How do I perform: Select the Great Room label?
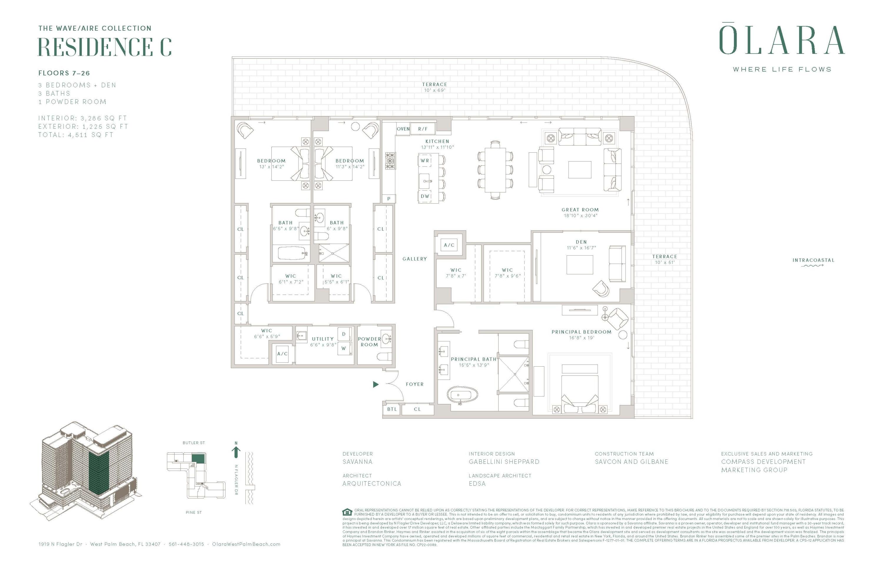click(580, 210)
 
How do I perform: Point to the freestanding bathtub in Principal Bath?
click(462, 395)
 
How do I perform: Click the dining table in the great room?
click(495, 170)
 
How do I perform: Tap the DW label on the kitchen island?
click(425, 196)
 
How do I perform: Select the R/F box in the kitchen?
click(423, 129)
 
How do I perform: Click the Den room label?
click(581, 242)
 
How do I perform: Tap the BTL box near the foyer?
click(392, 409)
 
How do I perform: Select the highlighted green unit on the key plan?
click(198, 458)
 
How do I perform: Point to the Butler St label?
click(194, 443)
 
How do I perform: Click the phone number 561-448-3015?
click(186, 544)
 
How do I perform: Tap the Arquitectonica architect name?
click(372, 484)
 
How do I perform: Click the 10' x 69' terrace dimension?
click(434, 90)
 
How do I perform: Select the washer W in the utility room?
click(343, 348)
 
